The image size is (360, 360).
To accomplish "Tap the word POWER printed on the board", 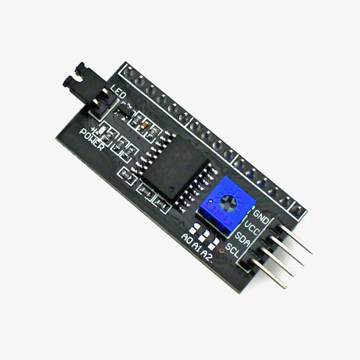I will point(92,140).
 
